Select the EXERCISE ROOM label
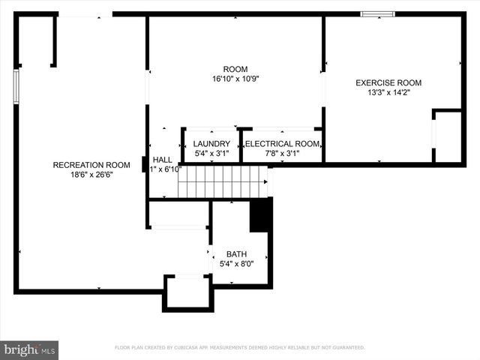388,82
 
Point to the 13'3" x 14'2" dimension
388,93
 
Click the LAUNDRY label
211,144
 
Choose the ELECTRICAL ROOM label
283,144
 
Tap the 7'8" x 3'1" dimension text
283,154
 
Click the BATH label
236,254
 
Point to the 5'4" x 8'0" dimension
236,264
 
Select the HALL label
163,160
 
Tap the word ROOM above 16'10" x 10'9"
235,69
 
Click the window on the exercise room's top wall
377,13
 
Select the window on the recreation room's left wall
16,86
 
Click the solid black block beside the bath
260,214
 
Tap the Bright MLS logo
29,349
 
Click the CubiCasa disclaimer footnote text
239,348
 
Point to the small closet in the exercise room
448,136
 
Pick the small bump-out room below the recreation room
188,292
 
